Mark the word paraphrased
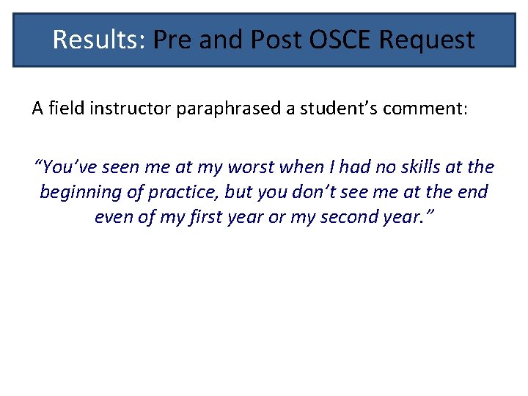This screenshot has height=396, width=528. [221, 109]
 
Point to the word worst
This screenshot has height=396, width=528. [244, 167]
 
